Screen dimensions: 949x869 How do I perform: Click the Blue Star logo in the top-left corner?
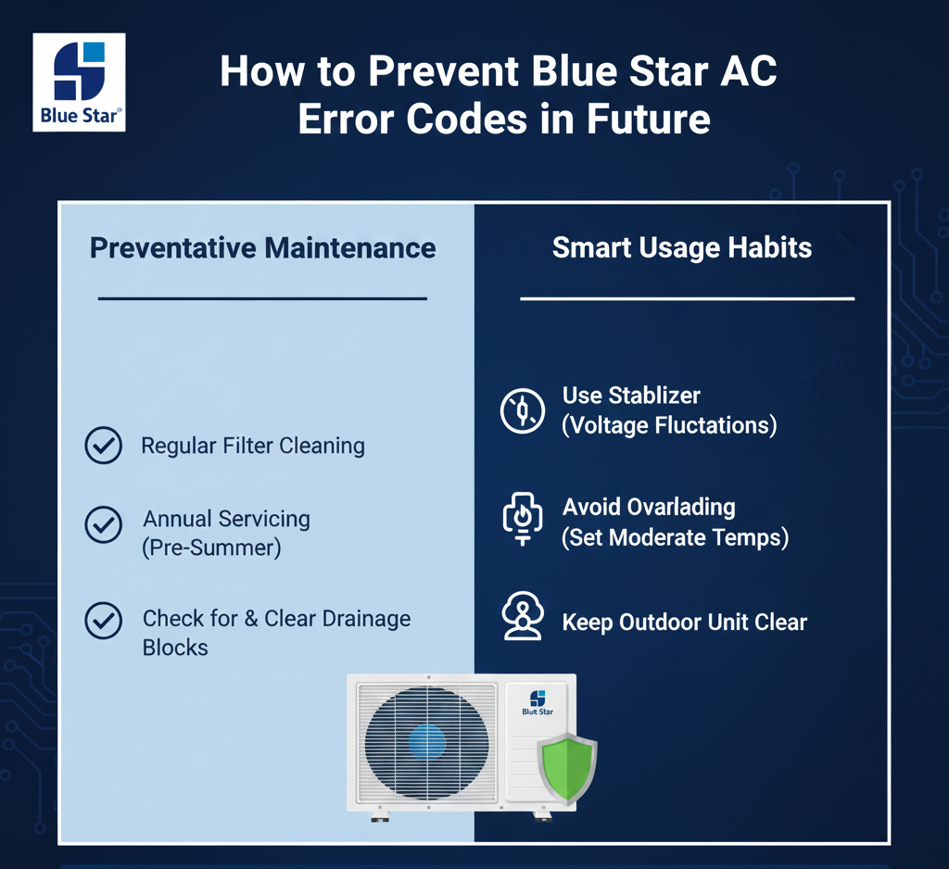tap(80, 82)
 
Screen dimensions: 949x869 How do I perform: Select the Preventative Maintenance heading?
tap(262, 248)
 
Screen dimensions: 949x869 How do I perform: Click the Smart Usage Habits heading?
tap(682, 247)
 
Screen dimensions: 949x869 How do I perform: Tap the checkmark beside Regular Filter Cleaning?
tap(104, 446)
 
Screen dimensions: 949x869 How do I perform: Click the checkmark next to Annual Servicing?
tap(104, 524)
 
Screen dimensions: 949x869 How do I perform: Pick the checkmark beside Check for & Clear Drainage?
tap(104, 621)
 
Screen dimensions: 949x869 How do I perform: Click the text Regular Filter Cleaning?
tap(253, 446)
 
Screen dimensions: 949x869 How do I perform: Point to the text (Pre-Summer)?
tap(212, 548)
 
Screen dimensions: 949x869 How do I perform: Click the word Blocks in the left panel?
tap(175, 648)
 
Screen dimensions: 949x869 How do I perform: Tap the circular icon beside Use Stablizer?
tap(523, 411)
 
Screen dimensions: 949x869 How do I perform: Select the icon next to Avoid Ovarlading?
tap(523, 519)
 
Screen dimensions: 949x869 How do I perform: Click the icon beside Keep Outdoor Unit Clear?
tap(523, 616)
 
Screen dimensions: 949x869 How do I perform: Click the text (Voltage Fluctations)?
tap(669, 425)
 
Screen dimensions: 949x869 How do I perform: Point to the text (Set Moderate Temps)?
tap(676, 537)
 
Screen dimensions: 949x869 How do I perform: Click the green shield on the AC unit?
tap(567, 769)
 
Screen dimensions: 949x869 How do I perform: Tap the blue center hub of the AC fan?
tap(427, 743)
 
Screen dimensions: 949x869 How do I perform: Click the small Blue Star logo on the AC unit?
tap(538, 702)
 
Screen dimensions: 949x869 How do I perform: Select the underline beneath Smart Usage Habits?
tap(688, 299)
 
